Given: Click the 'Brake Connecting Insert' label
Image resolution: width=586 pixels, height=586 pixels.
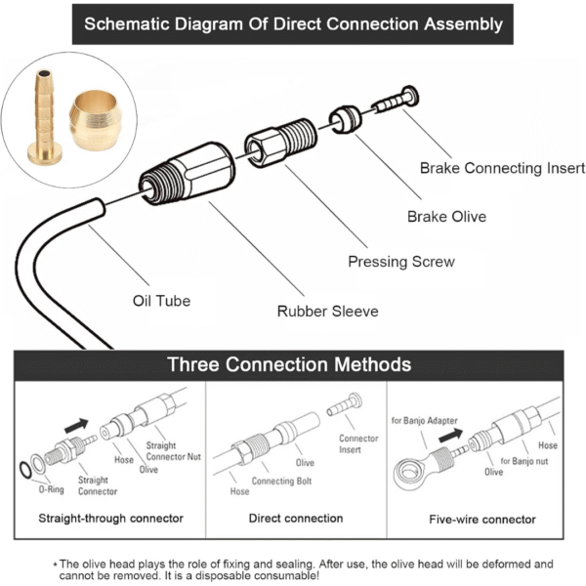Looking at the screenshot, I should coord(494,168).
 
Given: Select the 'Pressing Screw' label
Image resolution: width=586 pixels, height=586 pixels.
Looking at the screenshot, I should coord(401,262).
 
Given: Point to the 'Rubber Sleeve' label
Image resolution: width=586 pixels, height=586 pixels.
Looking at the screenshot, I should coord(327,312).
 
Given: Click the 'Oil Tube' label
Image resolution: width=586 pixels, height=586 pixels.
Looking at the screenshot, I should coord(161,300).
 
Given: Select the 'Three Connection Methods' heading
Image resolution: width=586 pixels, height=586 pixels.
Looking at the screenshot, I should coord(289,364).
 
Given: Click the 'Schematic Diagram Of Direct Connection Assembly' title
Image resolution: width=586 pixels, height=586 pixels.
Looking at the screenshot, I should coord(293,23).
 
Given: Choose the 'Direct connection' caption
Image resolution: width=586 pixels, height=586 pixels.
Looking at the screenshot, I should coord(296,519).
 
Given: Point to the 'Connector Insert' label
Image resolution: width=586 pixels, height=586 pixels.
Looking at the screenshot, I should coord(359,443).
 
